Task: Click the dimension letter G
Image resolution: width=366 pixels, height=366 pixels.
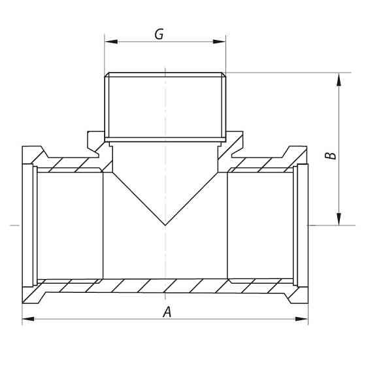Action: coord(158,34)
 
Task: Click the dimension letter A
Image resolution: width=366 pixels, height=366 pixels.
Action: coord(167,312)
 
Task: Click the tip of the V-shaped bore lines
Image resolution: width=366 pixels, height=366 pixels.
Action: coord(165,225)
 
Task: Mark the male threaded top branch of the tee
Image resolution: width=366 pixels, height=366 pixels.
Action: coord(165,108)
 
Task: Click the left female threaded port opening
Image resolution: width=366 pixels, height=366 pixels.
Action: coord(65,225)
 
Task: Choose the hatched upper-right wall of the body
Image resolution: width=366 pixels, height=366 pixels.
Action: coord(261,164)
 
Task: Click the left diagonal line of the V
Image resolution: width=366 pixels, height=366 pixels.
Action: coord(137,197)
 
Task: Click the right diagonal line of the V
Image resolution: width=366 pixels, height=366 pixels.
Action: coord(194,197)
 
